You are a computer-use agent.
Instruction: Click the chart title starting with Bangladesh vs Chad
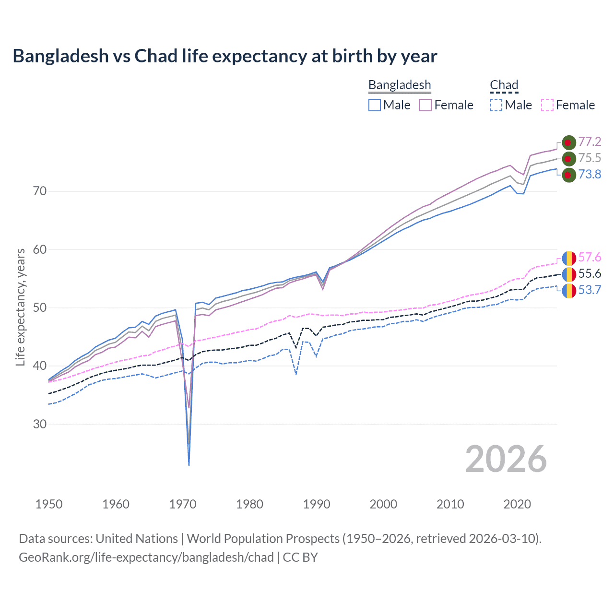224,56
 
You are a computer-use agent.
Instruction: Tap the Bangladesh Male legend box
375,105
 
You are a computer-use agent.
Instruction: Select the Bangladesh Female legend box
425,105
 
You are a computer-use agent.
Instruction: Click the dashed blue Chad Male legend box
496,105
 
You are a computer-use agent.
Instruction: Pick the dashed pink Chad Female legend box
547,105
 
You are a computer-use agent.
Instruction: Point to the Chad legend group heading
504,85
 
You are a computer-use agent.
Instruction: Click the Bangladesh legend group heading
400,85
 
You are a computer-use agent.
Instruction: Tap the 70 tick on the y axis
40,191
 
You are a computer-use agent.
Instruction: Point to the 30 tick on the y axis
40,424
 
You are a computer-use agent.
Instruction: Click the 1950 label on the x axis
49,504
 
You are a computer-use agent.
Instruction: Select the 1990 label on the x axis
317,504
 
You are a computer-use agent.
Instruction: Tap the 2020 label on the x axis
517,504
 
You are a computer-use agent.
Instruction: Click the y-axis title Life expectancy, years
20,307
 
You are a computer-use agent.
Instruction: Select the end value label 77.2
590,142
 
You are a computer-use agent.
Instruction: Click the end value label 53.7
590,290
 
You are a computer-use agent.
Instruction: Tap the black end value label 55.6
590,273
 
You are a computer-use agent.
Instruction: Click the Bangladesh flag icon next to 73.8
568,175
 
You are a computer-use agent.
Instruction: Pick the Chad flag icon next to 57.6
569,258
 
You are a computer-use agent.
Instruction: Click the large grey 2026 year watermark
506,459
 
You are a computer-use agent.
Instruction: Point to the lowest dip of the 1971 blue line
189,464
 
